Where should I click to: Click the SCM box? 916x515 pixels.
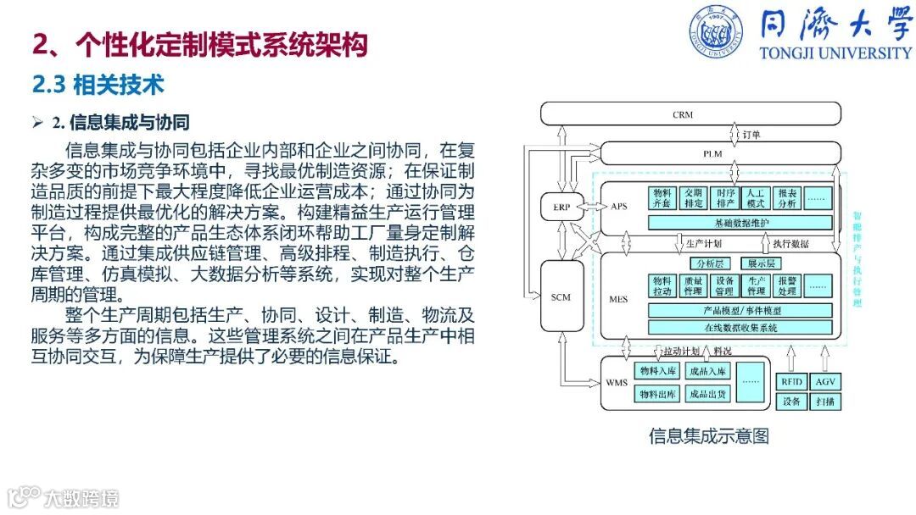point(561,296)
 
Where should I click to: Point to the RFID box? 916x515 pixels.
point(791,382)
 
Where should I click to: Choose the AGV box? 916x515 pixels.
point(825,382)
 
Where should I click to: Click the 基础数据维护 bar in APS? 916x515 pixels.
point(740,222)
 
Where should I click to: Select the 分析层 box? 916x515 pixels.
point(709,263)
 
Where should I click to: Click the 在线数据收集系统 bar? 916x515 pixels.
point(740,328)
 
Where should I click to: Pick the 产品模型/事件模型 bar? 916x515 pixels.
point(740,310)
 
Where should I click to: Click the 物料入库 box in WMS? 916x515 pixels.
point(657,371)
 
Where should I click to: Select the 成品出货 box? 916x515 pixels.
point(707,394)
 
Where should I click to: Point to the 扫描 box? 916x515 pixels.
point(825,402)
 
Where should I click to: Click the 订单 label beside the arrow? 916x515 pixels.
point(751,134)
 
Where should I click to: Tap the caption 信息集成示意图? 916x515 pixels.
point(709,436)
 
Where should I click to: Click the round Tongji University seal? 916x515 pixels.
point(717,31)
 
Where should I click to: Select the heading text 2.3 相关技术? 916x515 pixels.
point(98,85)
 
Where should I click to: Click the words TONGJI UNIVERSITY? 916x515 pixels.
point(835,53)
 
